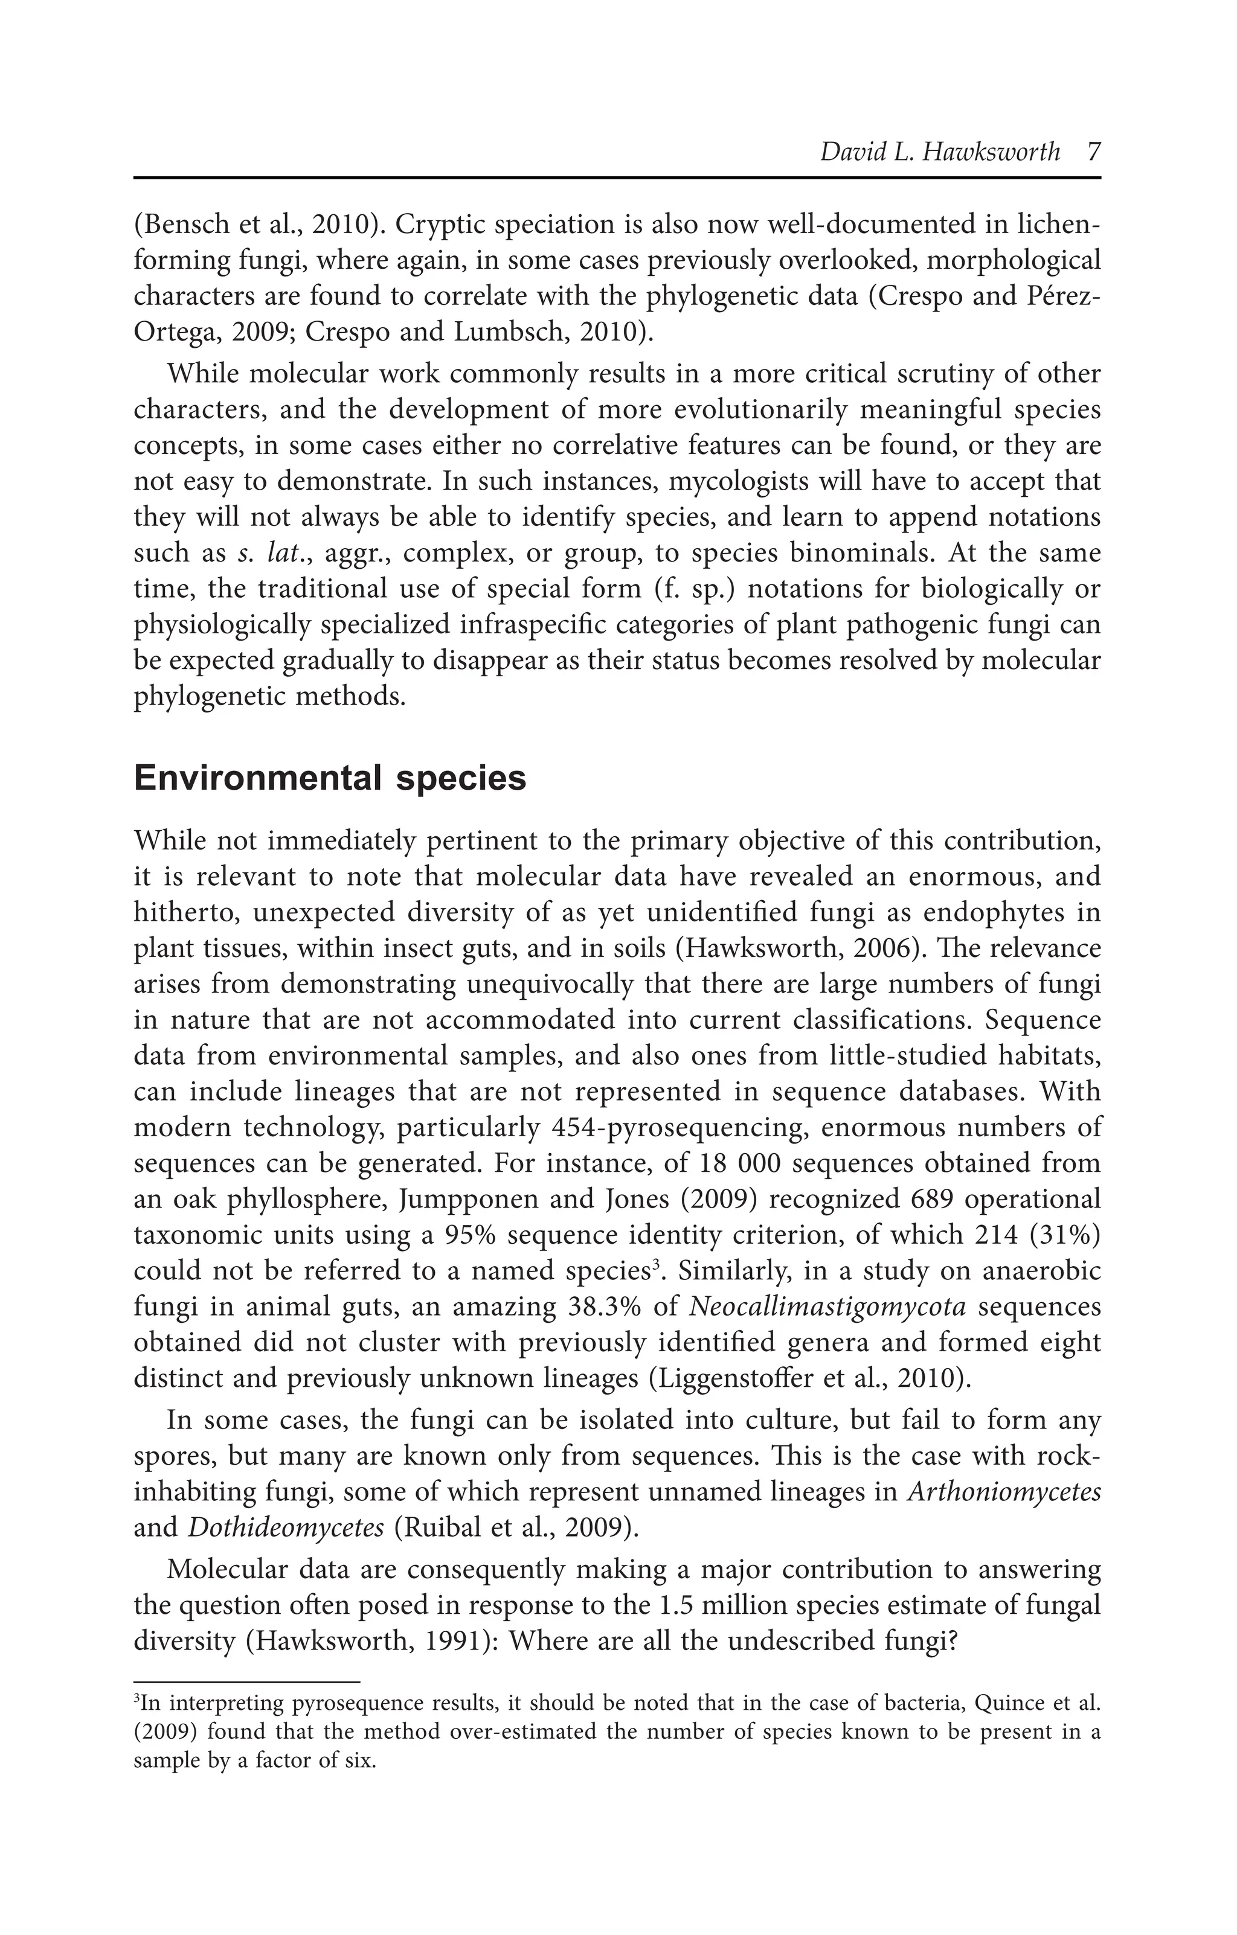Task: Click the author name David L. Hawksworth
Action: pyautogui.click(x=940, y=152)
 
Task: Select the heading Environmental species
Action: pyautogui.click(x=330, y=778)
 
